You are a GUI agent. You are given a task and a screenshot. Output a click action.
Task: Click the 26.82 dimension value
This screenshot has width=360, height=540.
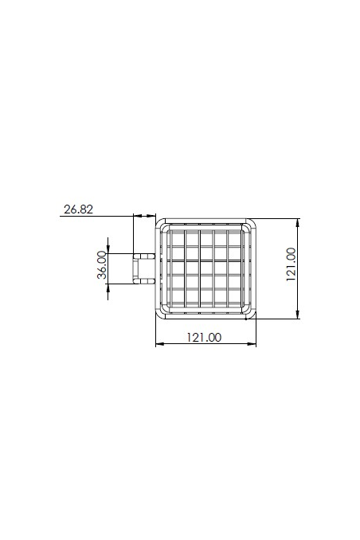pyautogui.click(x=77, y=209)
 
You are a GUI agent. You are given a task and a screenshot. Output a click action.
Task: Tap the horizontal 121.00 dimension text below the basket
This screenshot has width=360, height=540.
pyautogui.click(x=204, y=337)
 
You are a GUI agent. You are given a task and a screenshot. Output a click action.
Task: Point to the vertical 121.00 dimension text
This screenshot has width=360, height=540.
pyautogui.click(x=291, y=264)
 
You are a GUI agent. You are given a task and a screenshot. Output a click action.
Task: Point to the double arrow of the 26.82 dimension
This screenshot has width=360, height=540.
pyautogui.click(x=144, y=215)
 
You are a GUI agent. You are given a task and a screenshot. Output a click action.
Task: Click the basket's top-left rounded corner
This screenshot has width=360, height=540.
pyautogui.click(x=159, y=224)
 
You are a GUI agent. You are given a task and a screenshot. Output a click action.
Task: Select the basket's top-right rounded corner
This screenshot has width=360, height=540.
pyautogui.click(x=253, y=224)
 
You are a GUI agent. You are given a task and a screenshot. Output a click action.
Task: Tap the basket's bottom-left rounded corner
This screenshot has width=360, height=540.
pyautogui.click(x=159, y=315)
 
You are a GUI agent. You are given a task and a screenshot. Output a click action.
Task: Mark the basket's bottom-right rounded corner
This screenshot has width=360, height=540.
pyautogui.click(x=253, y=315)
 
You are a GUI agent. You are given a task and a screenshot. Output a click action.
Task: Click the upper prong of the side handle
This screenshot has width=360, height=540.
pyautogui.click(x=143, y=256)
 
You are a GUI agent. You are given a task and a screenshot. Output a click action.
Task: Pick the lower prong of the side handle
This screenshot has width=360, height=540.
pyautogui.click(x=143, y=280)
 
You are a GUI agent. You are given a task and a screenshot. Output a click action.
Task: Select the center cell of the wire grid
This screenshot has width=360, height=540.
pyautogui.click(x=206, y=268)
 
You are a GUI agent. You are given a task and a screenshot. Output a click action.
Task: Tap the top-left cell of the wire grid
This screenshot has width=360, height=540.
pyautogui.click(x=178, y=239)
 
